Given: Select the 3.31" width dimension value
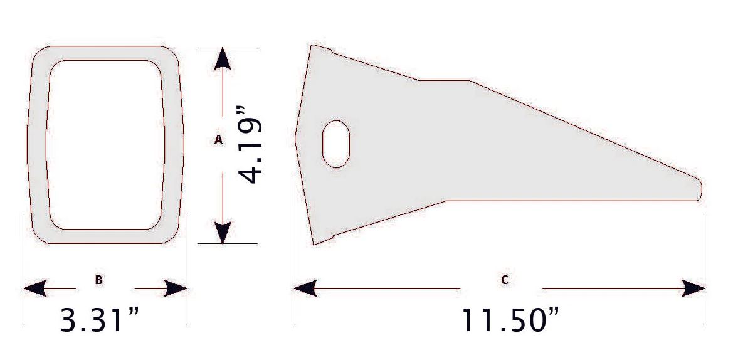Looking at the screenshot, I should [x=99, y=320].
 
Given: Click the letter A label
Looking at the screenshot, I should [x=219, y=140].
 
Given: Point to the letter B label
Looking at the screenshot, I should [x=98, y=280].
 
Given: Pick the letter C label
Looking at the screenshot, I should [x=505, y=280].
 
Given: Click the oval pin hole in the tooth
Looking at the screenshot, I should [x=335, y=143].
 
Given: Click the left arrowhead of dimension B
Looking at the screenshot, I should [x=34, y=289].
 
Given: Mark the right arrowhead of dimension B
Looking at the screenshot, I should [x=176, y=289].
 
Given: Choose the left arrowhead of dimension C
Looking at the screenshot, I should [x=305, y=289].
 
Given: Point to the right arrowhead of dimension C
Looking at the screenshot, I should [x=693, y=289].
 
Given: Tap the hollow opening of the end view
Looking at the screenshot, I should [x=106, y=144].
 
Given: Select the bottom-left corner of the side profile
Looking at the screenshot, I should [x=314, y=243].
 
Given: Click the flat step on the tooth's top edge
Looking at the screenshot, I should [x=444, y=81].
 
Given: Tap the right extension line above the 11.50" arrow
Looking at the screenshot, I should [x=704, y=245].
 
